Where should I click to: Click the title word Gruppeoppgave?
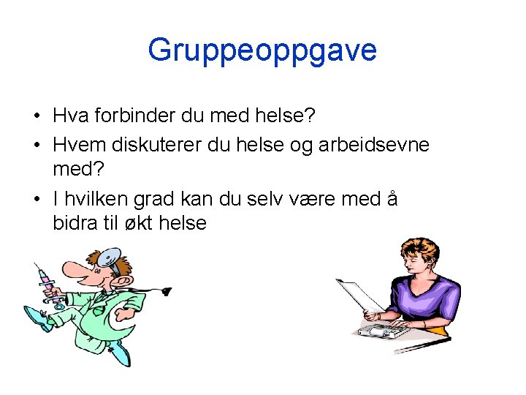[262, 50]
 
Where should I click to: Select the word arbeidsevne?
[374, 144]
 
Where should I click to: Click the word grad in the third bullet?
[158, 199]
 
